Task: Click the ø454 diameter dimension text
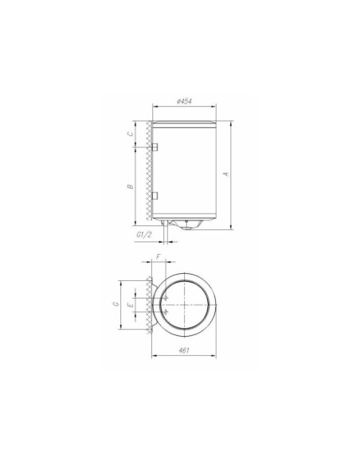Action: click(x=184, y=101)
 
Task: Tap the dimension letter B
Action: click(x=129, y=186)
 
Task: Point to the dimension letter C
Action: click(x=129, y=135)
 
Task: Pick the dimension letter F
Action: click(x=159, y=256)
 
